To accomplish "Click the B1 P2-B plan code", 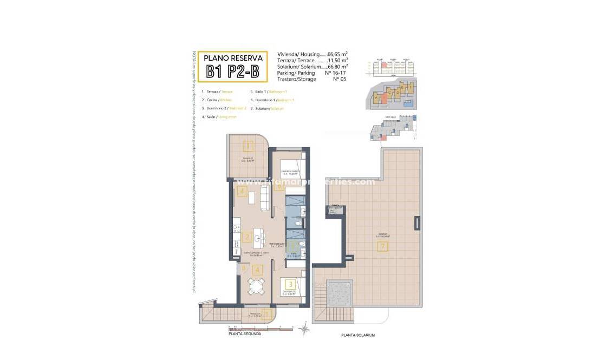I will coord(232,71).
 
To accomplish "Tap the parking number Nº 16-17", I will coord(335,73).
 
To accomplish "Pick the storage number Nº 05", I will coord(339,79).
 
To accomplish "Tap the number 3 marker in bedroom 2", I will coord(291,284).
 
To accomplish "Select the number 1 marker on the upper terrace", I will coord(248,146).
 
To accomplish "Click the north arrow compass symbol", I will coord(305,326).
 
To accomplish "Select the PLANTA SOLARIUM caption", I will coord(357,335).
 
